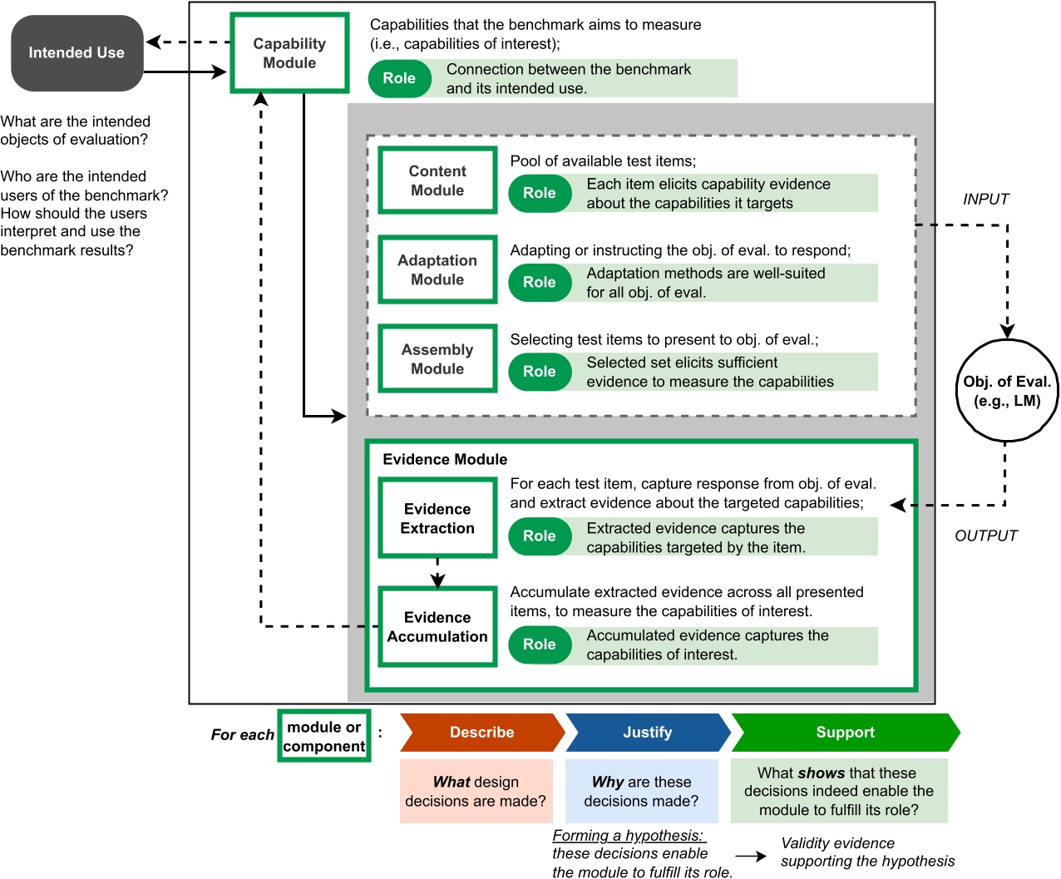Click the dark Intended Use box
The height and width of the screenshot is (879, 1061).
click(x=76, y=53)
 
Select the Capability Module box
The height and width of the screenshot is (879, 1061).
click(x=289, y=53)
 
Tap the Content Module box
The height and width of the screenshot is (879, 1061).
click(x=437, y=180)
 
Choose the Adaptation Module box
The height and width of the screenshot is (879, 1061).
click(x=437, y=270)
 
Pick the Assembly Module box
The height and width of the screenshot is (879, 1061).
click(x=437, y=359)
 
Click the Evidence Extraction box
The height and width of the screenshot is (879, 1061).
click(x=437, y=519)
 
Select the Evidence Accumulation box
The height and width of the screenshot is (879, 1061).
click(x=437, y=627)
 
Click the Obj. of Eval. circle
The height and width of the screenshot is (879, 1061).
click(x=1007, y=391)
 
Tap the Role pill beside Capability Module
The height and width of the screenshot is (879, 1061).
click(x=399, y=78)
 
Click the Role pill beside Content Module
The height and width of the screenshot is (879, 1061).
click(x=540, y=193)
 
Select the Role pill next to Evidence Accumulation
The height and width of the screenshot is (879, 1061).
click(x=540, y=644)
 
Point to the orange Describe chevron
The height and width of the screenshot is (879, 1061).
click(x=481, y=733)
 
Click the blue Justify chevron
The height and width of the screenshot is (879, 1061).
click(x=647, y=733)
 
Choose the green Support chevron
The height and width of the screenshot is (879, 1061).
click(x=845, y=733)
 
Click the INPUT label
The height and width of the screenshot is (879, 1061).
click(x=985, y=200)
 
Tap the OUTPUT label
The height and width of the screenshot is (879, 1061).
click(x=985, y=536)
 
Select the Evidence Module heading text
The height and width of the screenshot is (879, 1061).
click(x=445, y=460)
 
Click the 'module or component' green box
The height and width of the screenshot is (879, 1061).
click(x=324, y=736)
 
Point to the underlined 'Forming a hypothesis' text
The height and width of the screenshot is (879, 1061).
click(x=629, y=836)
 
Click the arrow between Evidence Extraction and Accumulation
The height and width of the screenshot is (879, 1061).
click(x=437, y=573)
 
